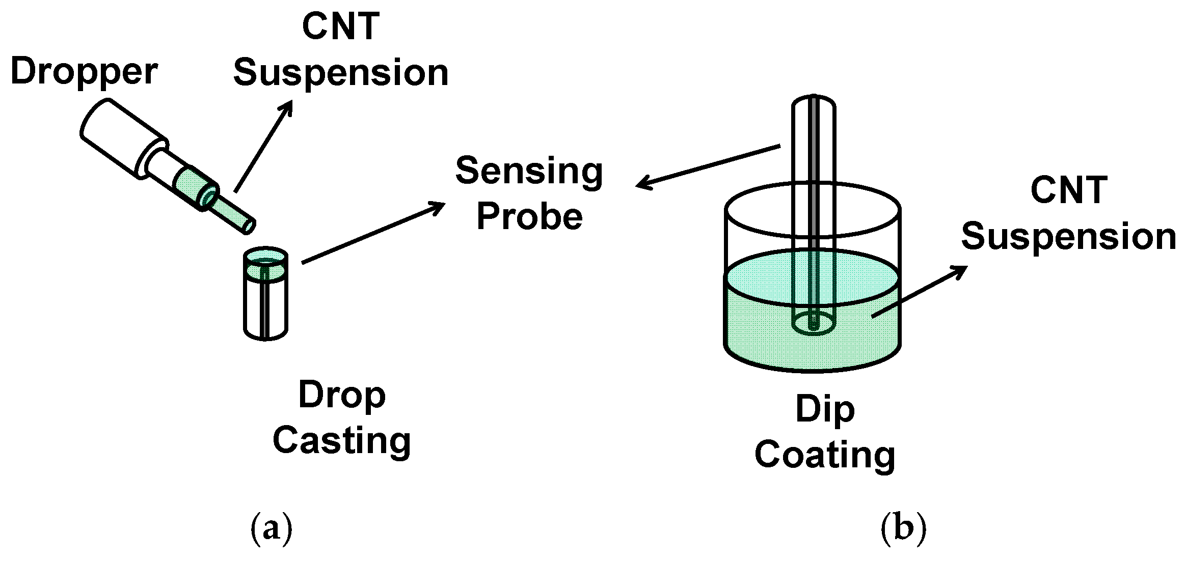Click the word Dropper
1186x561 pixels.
[x=84, y=72]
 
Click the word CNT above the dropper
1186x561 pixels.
[x=340, y=26]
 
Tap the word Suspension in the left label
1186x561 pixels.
[x=340, y=73]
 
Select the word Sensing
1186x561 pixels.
[x=529, y=172]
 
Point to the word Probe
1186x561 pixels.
[x=529, y=217]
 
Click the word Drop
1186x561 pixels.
[x=342, y=396]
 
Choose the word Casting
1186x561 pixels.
[x=342, y=441]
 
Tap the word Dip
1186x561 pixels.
[x=825, y=410]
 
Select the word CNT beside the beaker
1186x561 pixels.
[x=1069, y=190]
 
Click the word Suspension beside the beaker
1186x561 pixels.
[x=1069, y=237]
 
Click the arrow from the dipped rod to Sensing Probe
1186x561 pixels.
[x=708, y=166]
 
